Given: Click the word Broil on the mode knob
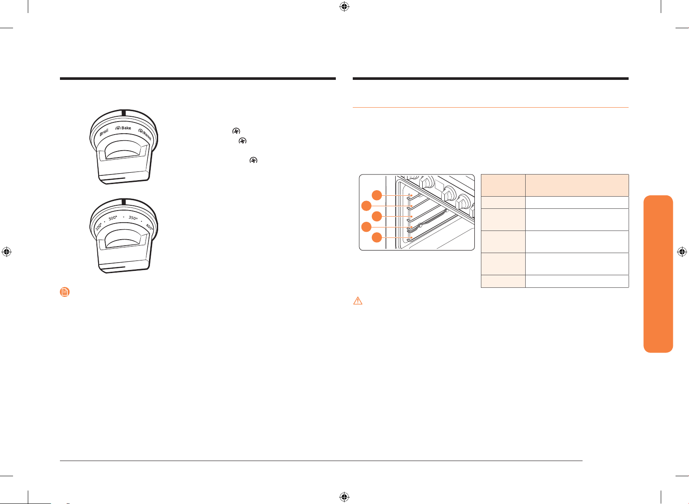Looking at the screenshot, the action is pyautogui.click(x=104, y=132).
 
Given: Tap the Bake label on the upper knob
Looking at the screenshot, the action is pyautogui.click(x=126, y=128).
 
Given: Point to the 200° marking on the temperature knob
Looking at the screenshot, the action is pyautogui.click(x=99, y=227).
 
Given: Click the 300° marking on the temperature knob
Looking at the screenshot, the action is pyautogui.click(x=113, y=218).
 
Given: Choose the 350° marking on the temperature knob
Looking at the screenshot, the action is pyautogui.click(x=133, y=217).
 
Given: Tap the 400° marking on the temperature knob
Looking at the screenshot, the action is pyautogui.click(x=149, y=227).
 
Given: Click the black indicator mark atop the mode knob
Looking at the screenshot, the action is pyautogui.click(x=124, y=113).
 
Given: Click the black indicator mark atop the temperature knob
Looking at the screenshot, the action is pyautogui.click(x=124, y=201).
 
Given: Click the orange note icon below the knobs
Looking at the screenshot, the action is pyautogui.click(x=65, y=292).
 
